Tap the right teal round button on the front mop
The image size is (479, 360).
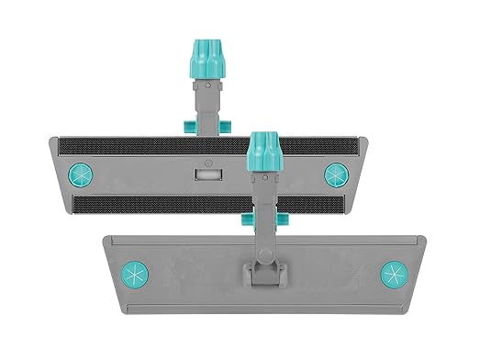click(395, 273)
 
